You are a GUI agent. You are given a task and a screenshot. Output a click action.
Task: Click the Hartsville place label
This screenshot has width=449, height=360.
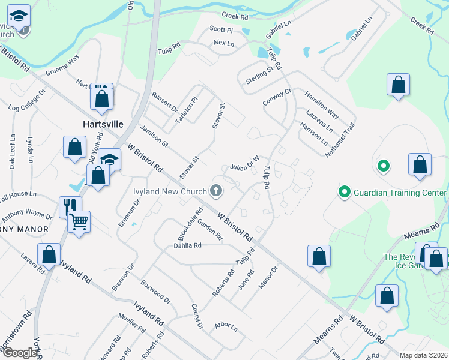pyautogui.click(x=103, y=124)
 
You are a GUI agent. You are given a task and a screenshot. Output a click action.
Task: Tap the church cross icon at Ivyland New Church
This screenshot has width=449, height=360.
pyautogui.click(x=216, y=191)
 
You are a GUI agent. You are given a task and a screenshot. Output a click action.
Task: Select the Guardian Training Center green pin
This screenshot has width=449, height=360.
pyautogui.click(x=344, y=192)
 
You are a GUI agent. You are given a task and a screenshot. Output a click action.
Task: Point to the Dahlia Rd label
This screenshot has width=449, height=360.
pyautogui.click(x=188, y=245)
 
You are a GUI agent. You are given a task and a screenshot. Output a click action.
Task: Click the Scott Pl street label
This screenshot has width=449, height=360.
pyautogui.click(x=221, y=29)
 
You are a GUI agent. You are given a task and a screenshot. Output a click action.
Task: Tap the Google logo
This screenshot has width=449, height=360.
pyautogui.click(x=20, y=353)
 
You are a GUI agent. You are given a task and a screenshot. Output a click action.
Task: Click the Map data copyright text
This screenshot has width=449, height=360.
pyautogui.click(x=423, y=355)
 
